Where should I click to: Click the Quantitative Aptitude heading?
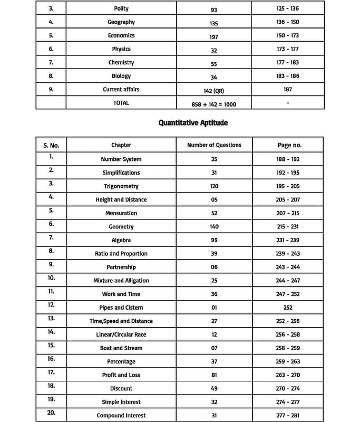(193, 123)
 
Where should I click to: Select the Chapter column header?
(121, 145)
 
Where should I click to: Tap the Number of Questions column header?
(214, 145)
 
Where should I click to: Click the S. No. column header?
(51, 145)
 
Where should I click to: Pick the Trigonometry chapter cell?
(121, 186)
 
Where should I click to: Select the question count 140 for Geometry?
(214, 227)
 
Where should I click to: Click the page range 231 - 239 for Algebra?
(287, 240)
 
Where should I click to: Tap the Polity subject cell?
(121, 9)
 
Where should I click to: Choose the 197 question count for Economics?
(213, 36)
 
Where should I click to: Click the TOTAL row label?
(121, 103)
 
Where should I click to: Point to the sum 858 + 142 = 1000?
(214, 104)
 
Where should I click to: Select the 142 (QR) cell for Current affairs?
(214, 90)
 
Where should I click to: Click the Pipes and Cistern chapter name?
(121, 308)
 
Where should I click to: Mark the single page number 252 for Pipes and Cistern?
(287, 308)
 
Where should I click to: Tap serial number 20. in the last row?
(51, 413)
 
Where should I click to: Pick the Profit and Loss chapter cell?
(121, 375)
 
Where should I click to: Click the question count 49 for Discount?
(214, 389)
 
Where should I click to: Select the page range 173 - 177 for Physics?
(287, 49)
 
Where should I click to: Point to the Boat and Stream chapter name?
(121, 348)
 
